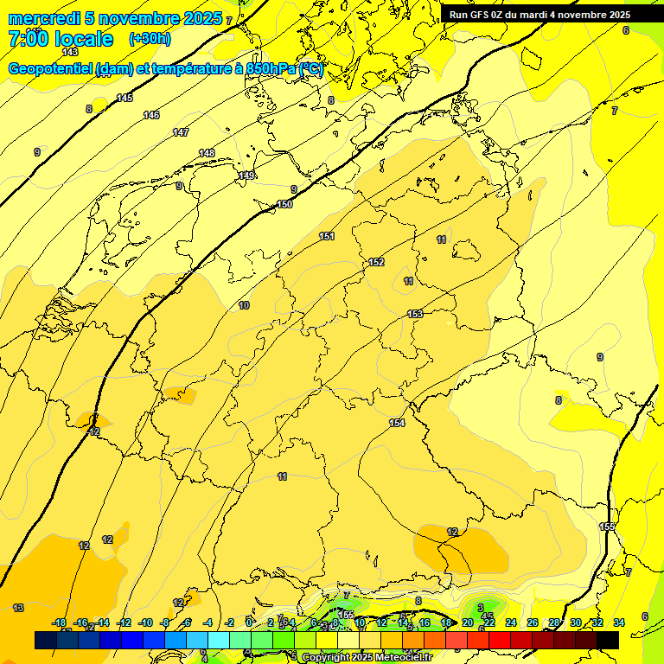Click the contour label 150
tap(284, 205)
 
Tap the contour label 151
tap(327, 236)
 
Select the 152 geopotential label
tap(376, 262)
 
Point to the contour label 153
tap(415, 314)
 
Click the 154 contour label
tap(396, 423)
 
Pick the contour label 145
tap(124, 98)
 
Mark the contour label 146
tap(151, 115)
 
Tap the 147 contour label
tap(181, 132)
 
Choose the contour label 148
tap(207, 153)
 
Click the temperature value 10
tap(244, 305)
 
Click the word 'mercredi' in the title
tap(44, 18)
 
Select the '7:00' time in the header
tap(28, 39)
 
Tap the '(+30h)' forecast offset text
tap(150, 39)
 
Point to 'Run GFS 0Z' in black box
tap(480, 15)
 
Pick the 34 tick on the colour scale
tap(619, 622)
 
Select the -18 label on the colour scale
tap(60, 622)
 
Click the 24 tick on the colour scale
tap(511, 622)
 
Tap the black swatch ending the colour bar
tap(608, 640)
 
